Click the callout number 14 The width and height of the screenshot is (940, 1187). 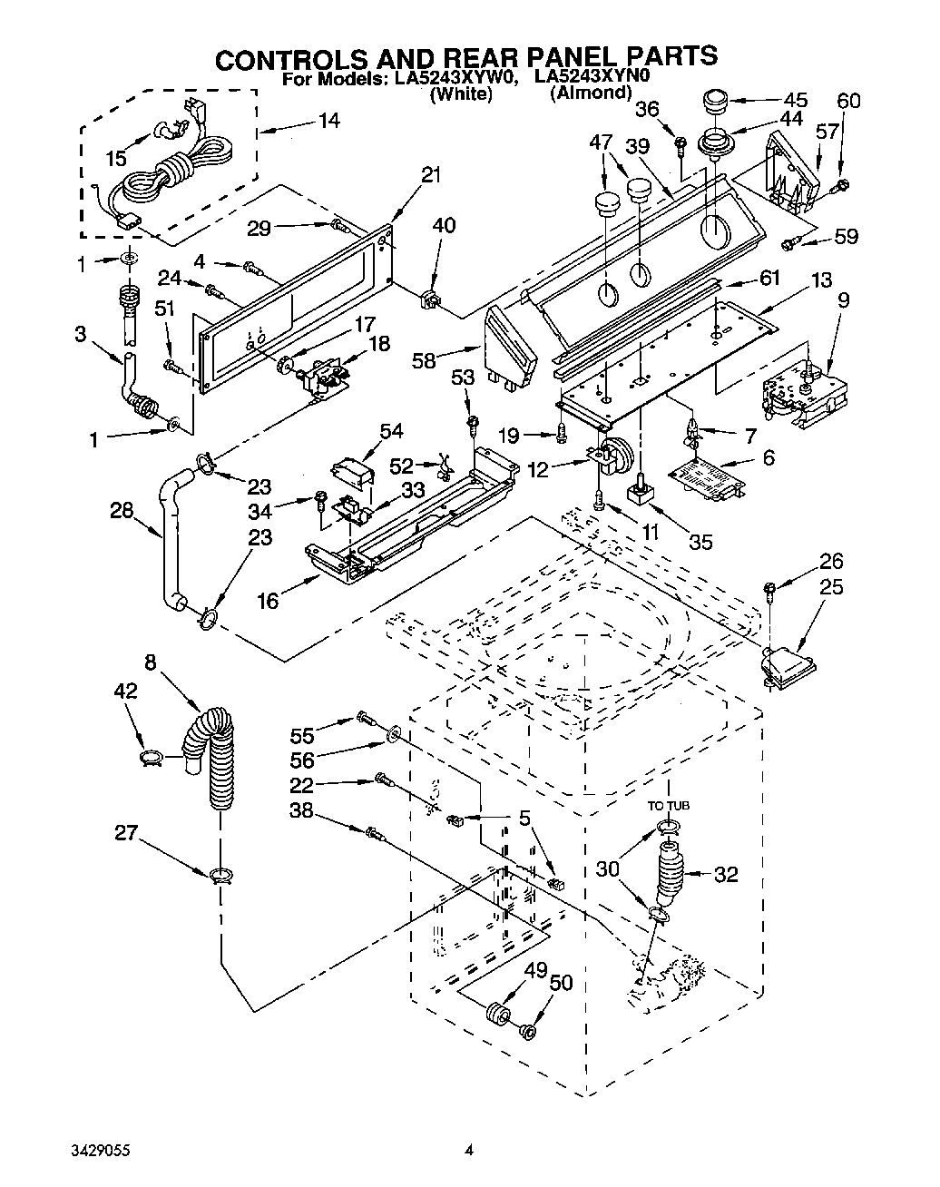tap(329, 119)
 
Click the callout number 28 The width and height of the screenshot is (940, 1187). tap(122, 511)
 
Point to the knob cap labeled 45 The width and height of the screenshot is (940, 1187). tap(717, 101)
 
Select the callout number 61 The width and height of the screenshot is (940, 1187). tap(769, 278)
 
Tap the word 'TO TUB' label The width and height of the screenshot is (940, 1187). tap(668, 805)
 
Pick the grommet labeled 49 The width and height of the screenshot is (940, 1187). tap(497, 1012)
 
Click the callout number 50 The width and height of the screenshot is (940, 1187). tap(562, 982)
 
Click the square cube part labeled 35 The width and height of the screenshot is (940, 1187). tap(642, 492)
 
